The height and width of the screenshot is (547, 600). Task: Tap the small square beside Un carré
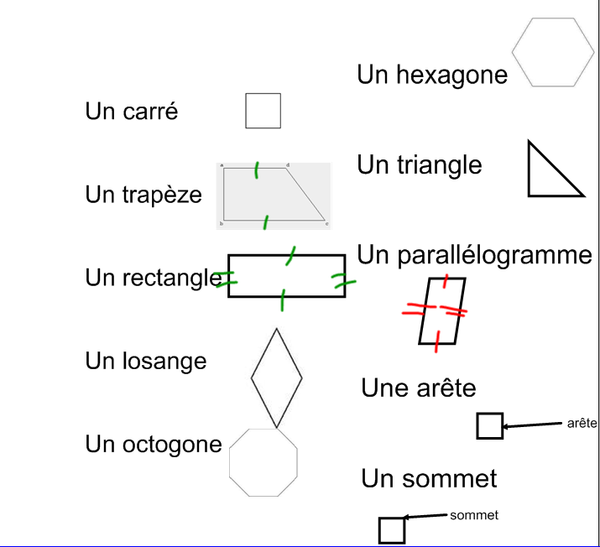(x=263, y=111)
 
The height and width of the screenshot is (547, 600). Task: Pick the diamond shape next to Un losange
(x=276, y=378)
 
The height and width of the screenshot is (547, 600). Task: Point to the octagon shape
(x=263, y=463)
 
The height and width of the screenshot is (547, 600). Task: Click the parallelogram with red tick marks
(x=441, y=310)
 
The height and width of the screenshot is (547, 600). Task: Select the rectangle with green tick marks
(x=286, y=276)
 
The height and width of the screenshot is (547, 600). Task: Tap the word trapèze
(x=162, y=195)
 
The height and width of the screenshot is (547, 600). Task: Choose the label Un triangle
(x=420, y=164)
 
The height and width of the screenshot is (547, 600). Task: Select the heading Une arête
(x=418, y=388)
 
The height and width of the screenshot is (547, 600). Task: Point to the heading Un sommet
(x=429, y=478)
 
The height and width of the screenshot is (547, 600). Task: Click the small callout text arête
(x=582, y=423)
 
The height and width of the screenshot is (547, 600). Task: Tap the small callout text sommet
(x=474, y=515)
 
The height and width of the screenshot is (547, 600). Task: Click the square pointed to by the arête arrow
(x=489, y=426)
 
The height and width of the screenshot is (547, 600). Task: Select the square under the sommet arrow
(x=392, y=530)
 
